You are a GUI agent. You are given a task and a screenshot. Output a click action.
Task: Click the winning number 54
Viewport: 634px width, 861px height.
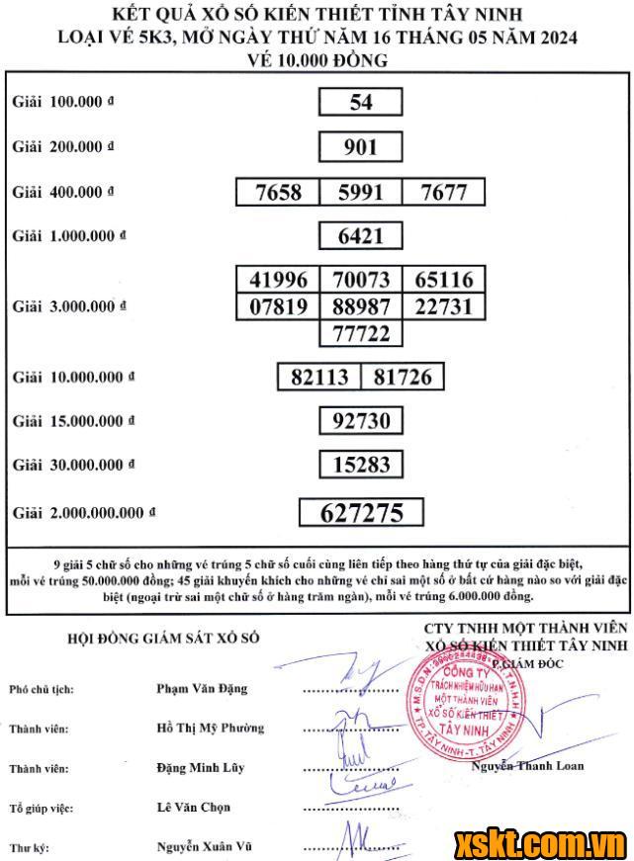point(361,103)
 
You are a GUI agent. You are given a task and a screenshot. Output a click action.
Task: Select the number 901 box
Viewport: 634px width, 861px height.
point(361,147)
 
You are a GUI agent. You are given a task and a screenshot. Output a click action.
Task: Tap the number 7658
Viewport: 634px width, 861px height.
point(278,192)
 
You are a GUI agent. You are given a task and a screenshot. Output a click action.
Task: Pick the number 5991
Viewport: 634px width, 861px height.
point(361,192)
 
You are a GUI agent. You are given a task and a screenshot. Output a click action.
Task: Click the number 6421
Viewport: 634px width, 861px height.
point(361,235)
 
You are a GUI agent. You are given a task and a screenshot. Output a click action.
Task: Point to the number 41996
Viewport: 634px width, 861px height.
point(278,280)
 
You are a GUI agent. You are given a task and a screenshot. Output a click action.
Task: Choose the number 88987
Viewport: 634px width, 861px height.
point(361,306)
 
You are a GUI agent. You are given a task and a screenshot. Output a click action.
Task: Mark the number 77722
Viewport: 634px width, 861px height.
point(361,333)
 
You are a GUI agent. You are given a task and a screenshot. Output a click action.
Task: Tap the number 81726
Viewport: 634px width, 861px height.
point(403,377)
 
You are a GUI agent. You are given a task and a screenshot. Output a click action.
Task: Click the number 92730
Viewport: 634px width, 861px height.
point(361,421)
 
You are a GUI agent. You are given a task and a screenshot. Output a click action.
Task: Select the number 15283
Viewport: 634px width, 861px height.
point(361,464)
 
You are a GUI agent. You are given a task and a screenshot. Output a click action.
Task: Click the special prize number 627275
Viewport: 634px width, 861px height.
point(361,512)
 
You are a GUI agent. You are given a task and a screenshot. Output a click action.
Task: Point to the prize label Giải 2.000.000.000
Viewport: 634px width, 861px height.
point(84,513)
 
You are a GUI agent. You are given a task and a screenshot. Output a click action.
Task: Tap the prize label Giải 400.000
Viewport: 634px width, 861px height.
point(62,192)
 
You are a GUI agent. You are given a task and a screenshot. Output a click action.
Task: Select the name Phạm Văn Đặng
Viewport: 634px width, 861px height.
point(202,688)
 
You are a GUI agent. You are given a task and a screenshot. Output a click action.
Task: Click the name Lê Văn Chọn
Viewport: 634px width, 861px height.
point(193,808)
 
